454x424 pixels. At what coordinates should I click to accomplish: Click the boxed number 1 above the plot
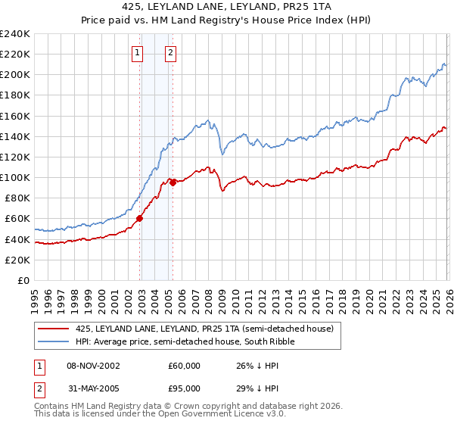tap(137, 53)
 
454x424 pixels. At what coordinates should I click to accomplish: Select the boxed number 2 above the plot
tap(170, 53)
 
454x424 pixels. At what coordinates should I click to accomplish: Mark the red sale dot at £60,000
tap(140, 219)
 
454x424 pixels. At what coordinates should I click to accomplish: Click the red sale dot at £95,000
tap(173, 182)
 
